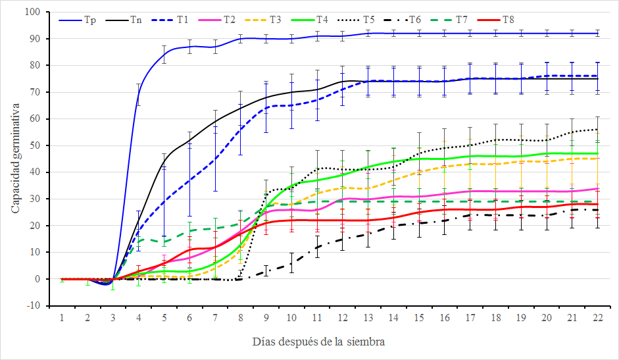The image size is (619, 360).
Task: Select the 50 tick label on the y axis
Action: [35, 145]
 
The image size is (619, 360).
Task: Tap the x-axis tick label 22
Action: [597, 317]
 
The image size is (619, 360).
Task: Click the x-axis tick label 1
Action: [62, 317]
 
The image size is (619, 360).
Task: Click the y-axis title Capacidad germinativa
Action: [14, 159]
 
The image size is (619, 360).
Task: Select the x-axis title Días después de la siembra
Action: [318, 342]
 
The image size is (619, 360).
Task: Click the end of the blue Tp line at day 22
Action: [597, 33]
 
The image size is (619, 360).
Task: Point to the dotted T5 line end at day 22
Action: [597, 129]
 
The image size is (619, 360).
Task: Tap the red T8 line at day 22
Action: [597, 204]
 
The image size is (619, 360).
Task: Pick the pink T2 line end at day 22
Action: [597, 188]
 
